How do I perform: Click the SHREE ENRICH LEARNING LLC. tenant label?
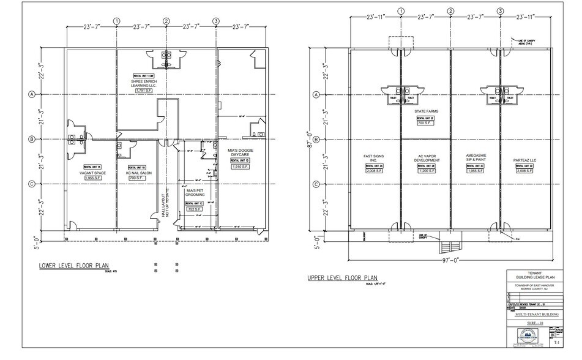[x=144, y=83]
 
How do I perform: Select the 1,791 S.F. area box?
[x=144, y=91]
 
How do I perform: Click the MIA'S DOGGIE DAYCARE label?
[x=241, y=152]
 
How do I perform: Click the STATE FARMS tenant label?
[x=425, y=111]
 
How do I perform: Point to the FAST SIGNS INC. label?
[x=373, y=158]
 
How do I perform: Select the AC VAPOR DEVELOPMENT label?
[x=425, y=158]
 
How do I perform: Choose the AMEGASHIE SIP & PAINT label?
[x=475, y=158]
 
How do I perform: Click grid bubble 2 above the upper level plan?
[x=450, y=10]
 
